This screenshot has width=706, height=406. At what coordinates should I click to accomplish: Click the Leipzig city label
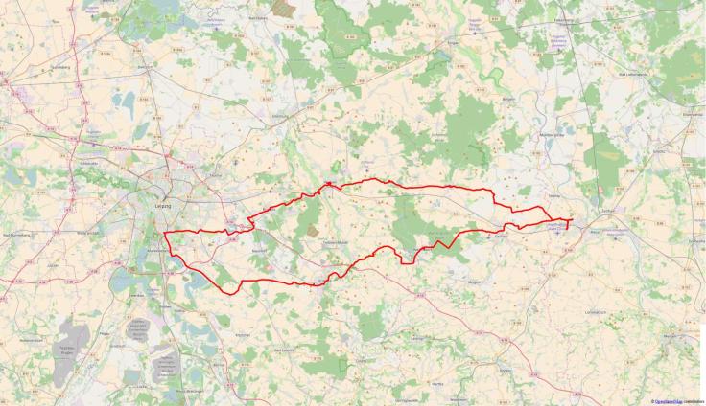point(162,203)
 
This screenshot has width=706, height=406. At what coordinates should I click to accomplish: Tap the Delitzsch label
point(144,69)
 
